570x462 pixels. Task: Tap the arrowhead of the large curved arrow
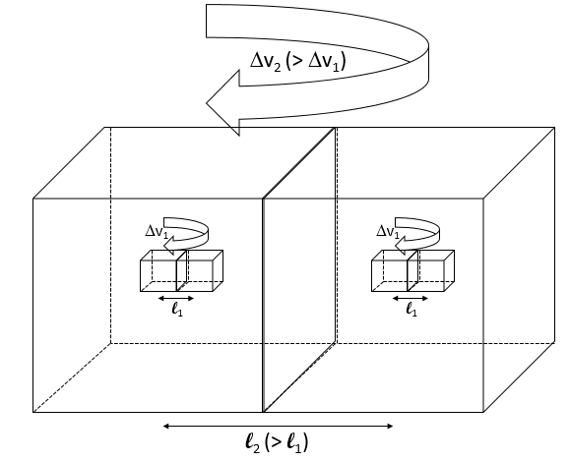[x=222, y=104]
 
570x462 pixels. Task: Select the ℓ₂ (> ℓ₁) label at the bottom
[x=280, y=442]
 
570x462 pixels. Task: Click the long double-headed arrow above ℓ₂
[x=279, y=426]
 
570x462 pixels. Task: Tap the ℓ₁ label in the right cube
[x=411, y=312]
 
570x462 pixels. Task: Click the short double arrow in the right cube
[x=410, y=295]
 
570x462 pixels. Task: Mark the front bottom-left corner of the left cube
[x=33, y=413]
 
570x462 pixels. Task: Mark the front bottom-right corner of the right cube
[x=485, y=413]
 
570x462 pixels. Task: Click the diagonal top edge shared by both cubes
[x=299, y=163]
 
